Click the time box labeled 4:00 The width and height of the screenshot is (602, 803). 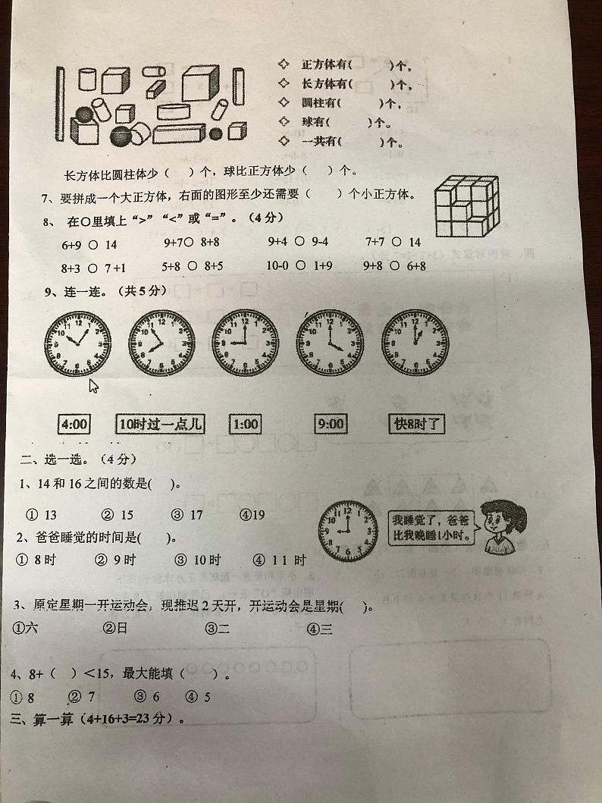(74, 424)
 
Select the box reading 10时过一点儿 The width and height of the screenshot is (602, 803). (161, 424)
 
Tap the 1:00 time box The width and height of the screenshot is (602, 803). (244, 424)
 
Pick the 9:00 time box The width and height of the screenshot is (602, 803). (330, 424)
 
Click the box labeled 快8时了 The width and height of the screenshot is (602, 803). (415, 425)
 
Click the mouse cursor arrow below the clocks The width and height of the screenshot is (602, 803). (94, 387)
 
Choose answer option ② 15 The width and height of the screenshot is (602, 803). (118, 515)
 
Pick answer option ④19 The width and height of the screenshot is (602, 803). (252, 515)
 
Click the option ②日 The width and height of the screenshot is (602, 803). (115, 628)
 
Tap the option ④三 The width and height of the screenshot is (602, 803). (320, 629)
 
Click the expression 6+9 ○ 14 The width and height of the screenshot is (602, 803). (89, 244)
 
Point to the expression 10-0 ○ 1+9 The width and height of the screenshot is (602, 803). (299, 265)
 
